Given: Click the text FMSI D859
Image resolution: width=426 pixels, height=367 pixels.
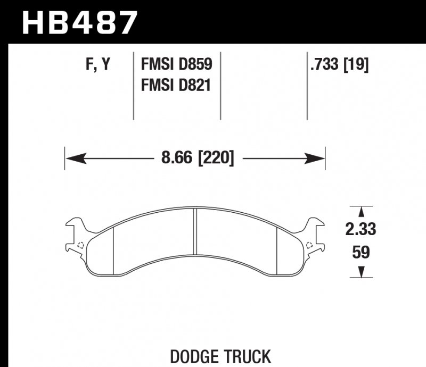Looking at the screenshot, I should [176, 65].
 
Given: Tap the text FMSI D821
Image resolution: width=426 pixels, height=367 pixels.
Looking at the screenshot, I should [176, 84].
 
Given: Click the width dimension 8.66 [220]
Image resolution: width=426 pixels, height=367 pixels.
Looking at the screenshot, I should [195, 158].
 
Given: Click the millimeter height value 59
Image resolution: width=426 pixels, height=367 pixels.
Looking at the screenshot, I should [361, 252].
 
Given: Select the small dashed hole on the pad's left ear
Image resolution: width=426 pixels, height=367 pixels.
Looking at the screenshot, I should [80, 245].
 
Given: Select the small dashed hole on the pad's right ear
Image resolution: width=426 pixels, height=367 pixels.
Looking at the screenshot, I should [310, 245].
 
